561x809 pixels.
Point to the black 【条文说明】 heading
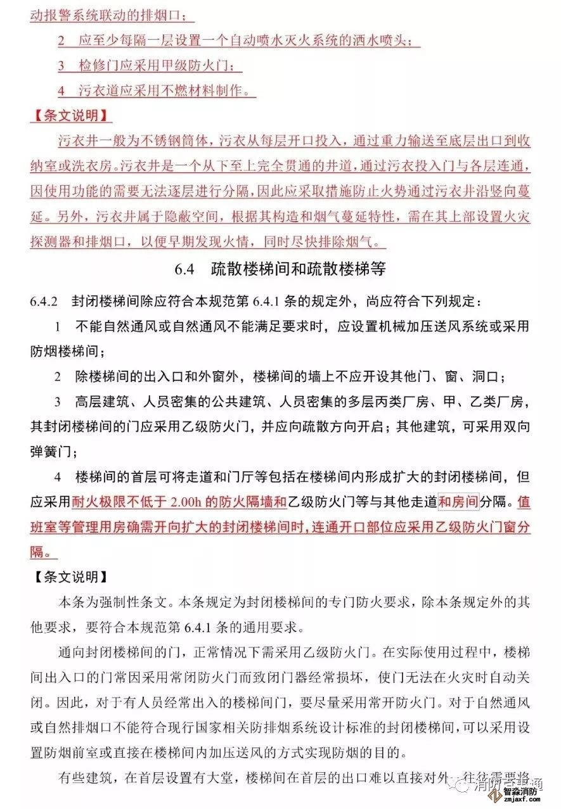click(71, 577)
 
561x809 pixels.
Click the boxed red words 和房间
click(458, 502)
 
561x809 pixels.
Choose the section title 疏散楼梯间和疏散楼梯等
click(298, 269)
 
